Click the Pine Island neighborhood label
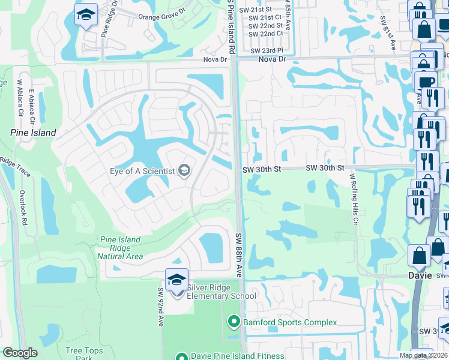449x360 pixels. (33, 133)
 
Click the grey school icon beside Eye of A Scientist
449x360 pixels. (184, 172)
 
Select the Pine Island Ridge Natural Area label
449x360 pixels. (120, 248)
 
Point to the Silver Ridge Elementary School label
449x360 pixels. (221, 292)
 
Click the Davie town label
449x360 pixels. (420, 276)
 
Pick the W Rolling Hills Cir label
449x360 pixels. (354, 198)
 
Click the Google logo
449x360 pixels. (20, 353)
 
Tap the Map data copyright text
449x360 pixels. (423, 355)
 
